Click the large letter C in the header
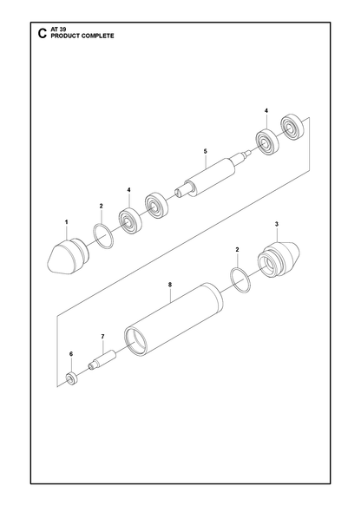(43, 34)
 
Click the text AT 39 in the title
(58, 30)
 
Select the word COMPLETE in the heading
(97, 36)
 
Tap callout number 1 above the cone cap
(67, 222)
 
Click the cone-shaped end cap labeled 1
(67, 257)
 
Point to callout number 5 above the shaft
(205, 151)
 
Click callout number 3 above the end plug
(277, 224)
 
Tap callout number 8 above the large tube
(170, 285)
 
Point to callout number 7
(102, 336)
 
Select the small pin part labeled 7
(102, 360)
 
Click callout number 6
(71, 354)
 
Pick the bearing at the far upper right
(292, 127)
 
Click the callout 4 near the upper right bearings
(266, 111)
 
